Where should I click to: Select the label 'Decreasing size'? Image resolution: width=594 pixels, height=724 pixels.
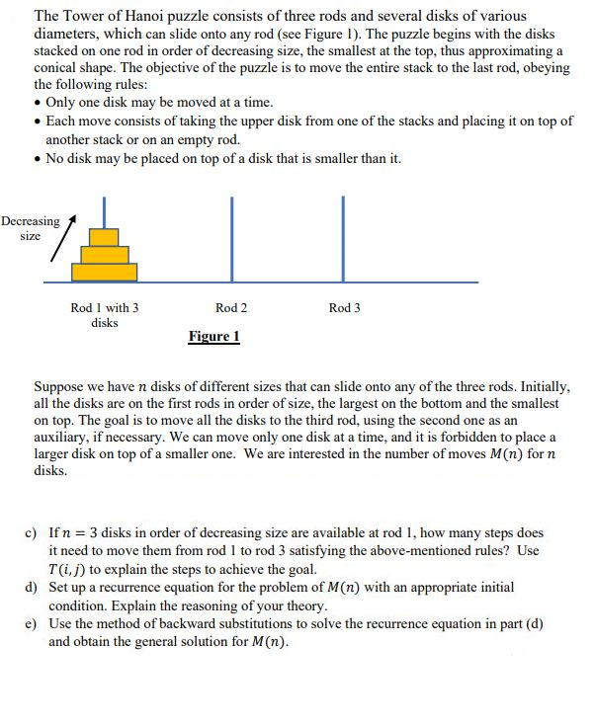(30, 228)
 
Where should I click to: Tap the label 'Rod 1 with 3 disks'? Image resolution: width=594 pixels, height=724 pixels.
(105, 315)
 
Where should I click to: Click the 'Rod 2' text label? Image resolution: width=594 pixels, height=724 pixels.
(231, 308)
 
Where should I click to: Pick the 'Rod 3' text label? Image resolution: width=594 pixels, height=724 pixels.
(344, 308)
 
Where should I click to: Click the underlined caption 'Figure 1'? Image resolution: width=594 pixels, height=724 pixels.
(213, 337)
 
